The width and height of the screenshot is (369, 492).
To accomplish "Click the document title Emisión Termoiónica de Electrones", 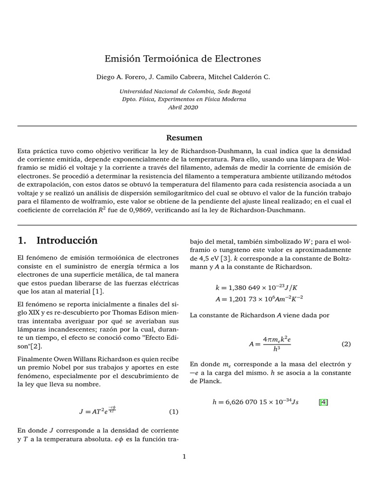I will pos(183,59).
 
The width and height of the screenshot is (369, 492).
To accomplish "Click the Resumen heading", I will pos(184,138).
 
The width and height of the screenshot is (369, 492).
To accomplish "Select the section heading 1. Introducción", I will pos(57,240).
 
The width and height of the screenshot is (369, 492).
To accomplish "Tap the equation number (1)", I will pos(173,412).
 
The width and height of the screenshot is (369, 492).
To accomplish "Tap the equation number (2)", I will pos(346,344).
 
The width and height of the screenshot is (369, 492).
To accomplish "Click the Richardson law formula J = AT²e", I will pos(98,411).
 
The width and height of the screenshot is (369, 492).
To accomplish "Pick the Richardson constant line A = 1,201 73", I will pos(259,298).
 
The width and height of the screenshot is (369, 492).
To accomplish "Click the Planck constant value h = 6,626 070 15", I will pos(255,402).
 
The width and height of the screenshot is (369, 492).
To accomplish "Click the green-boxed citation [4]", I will pos(323,402).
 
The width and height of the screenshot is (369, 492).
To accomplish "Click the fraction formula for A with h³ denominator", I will pos(271,344).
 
